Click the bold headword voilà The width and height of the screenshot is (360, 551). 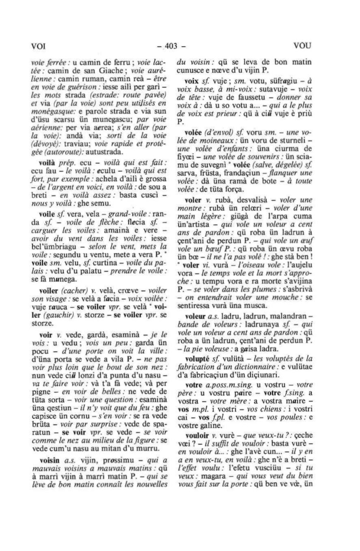[47, 163]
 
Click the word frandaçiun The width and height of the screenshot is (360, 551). [245, 174]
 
